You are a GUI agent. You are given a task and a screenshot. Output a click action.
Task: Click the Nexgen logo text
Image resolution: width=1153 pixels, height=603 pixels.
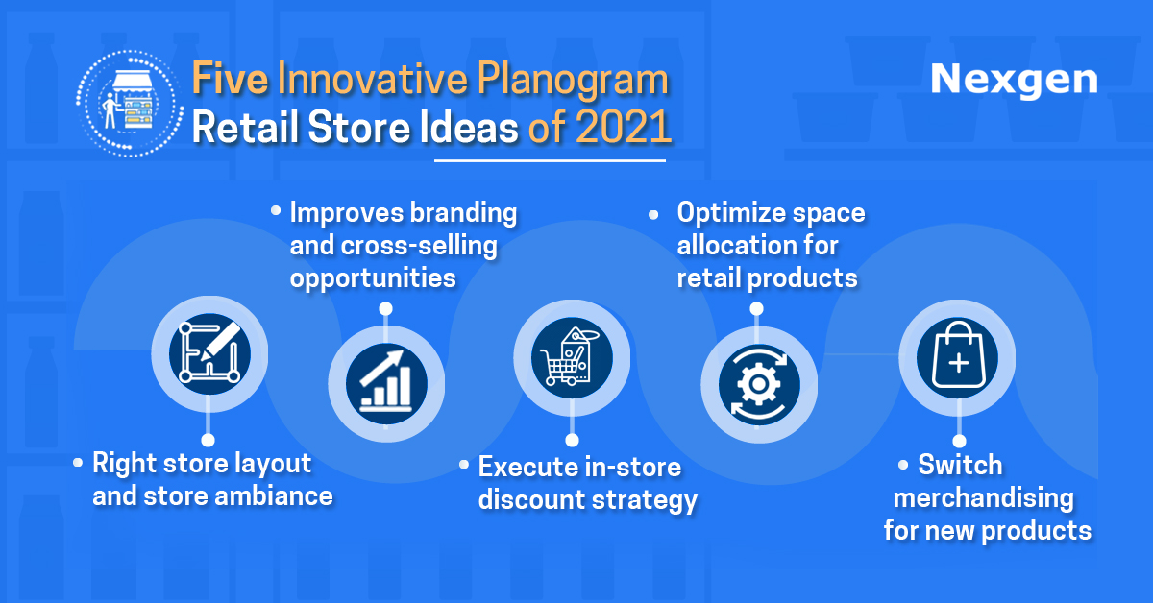click(x=1014, y=81)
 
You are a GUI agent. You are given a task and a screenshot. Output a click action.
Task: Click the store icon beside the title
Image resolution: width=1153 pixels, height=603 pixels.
click(x=130, y=103)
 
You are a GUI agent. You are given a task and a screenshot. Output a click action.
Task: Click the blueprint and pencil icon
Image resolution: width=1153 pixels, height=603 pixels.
click(x=209, y=354)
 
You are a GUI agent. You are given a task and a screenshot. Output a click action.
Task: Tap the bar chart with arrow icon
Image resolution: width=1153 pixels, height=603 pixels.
click(x=386, y=384)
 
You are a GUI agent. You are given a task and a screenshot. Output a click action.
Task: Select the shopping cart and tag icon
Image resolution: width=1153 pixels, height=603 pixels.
click(x=572, y=357)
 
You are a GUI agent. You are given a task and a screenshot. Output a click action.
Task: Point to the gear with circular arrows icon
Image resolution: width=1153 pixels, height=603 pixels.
click(x=759, y=384)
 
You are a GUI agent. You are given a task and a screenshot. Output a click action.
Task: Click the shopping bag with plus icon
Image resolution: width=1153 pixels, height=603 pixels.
click(x=957, y=357)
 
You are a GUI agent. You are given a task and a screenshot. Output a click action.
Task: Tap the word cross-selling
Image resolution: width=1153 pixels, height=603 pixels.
click(x=419, y=246)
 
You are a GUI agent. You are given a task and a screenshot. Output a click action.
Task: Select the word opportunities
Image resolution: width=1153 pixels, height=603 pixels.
click(x=373, y=279)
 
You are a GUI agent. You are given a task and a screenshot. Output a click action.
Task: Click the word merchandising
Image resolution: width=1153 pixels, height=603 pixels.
click(x=984, y=498)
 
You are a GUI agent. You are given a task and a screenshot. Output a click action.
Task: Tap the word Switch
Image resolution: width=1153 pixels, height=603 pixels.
click(x=961, y=465)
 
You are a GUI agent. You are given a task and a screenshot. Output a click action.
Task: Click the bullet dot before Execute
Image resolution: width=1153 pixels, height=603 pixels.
click(x=464, y=465)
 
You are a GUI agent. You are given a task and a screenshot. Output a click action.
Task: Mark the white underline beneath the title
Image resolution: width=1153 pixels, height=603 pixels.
click(x=550, y=161)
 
